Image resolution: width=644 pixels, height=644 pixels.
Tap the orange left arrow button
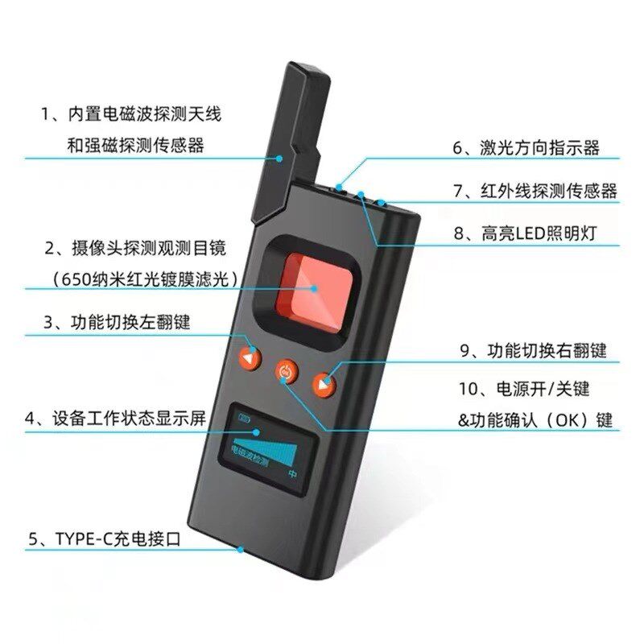(x=251, y=357)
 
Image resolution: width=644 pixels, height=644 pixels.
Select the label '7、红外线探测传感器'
(x=535, y=191)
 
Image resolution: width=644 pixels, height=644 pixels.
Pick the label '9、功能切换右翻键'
(x=532, y=351)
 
